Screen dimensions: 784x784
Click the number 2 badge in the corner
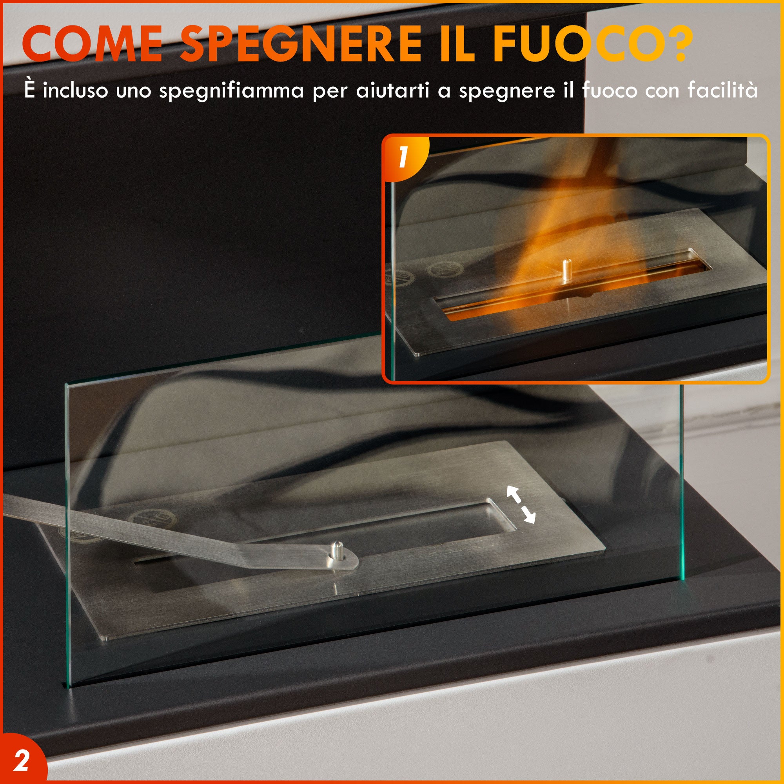[21, 762]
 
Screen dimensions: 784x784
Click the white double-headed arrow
[521, 505]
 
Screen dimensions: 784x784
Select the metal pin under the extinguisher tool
[336, 551]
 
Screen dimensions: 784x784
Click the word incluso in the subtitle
[76, 90]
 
